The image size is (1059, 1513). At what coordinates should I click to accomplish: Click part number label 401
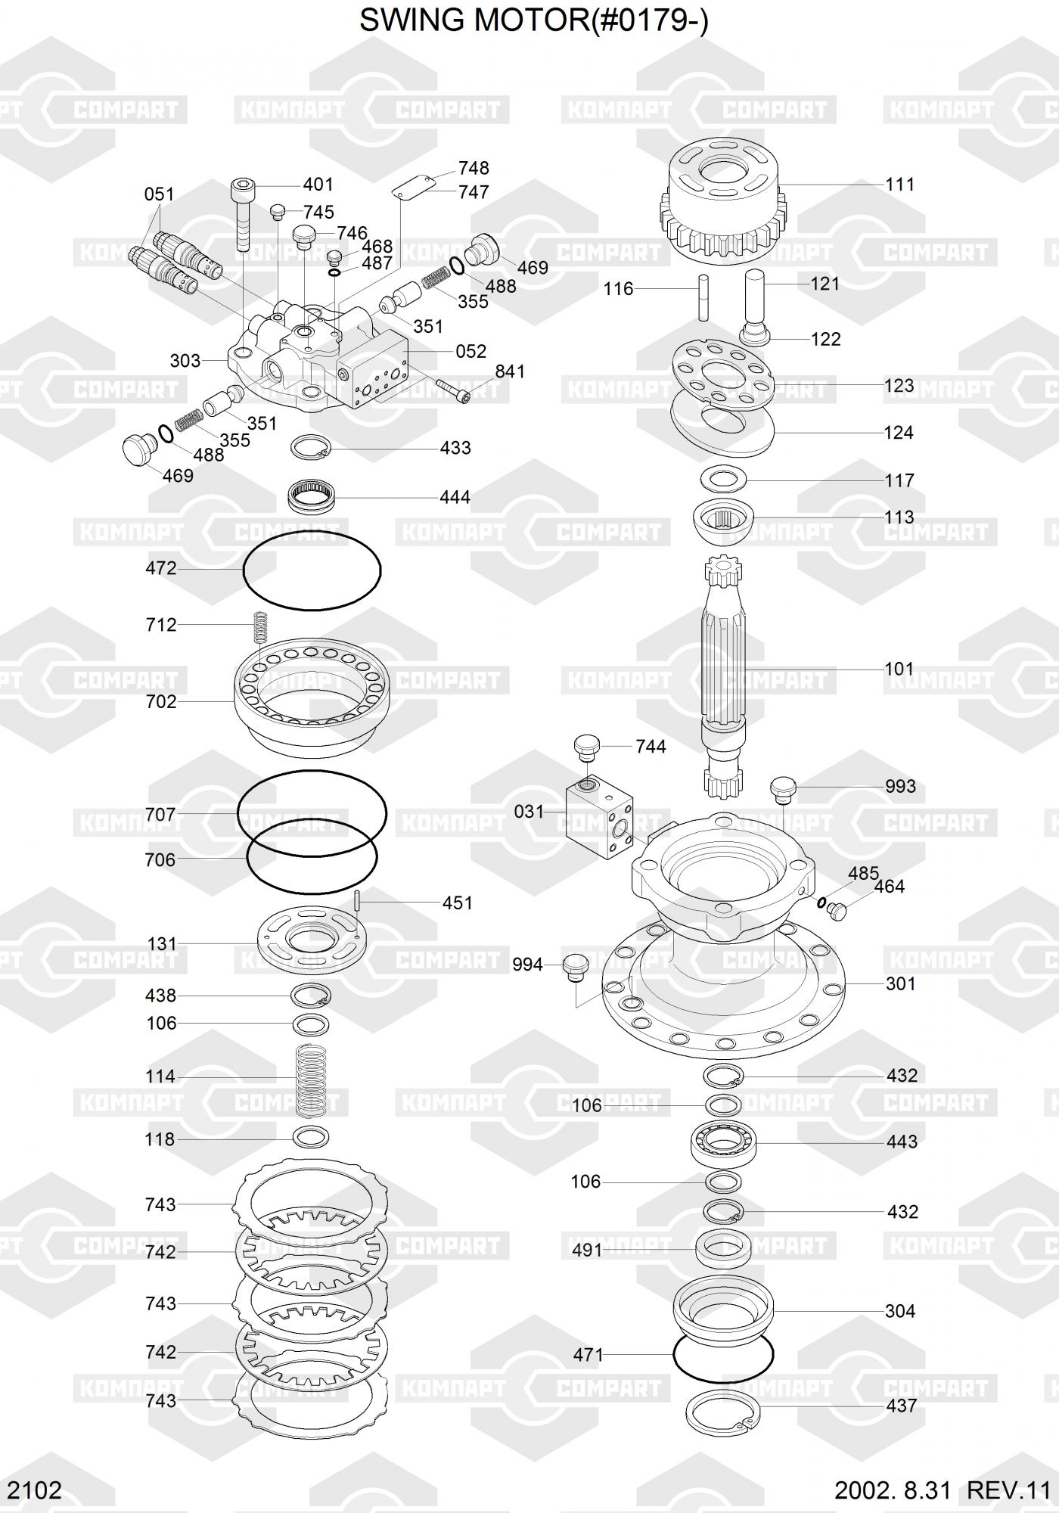tap(318, 185)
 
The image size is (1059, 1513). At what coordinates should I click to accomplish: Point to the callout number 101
tap(899, 669)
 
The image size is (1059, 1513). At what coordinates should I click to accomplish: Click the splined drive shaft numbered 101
tap(724, 677)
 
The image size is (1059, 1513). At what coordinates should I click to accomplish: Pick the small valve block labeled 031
tap(602, 818)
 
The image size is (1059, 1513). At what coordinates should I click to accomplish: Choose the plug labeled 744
tap(588, 748)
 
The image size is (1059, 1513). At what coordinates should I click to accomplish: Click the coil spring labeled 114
tap(311, 1081)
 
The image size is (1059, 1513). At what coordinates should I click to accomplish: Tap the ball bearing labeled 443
tap(722, 1142)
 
